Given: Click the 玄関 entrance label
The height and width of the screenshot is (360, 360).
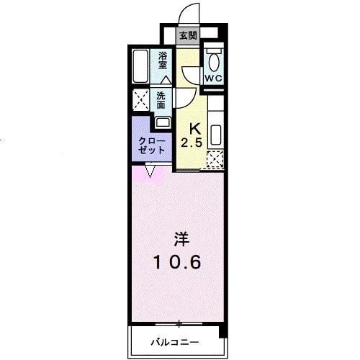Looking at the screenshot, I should (x=188, y=35).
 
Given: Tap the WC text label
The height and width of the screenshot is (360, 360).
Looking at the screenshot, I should (x=213, y=78).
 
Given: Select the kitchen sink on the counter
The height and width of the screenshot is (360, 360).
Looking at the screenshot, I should (x=215, y=135).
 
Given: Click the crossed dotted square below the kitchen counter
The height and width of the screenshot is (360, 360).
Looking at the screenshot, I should (x=215, y=161).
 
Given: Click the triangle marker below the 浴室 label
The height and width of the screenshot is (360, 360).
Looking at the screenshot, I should (x=166, y=78).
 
